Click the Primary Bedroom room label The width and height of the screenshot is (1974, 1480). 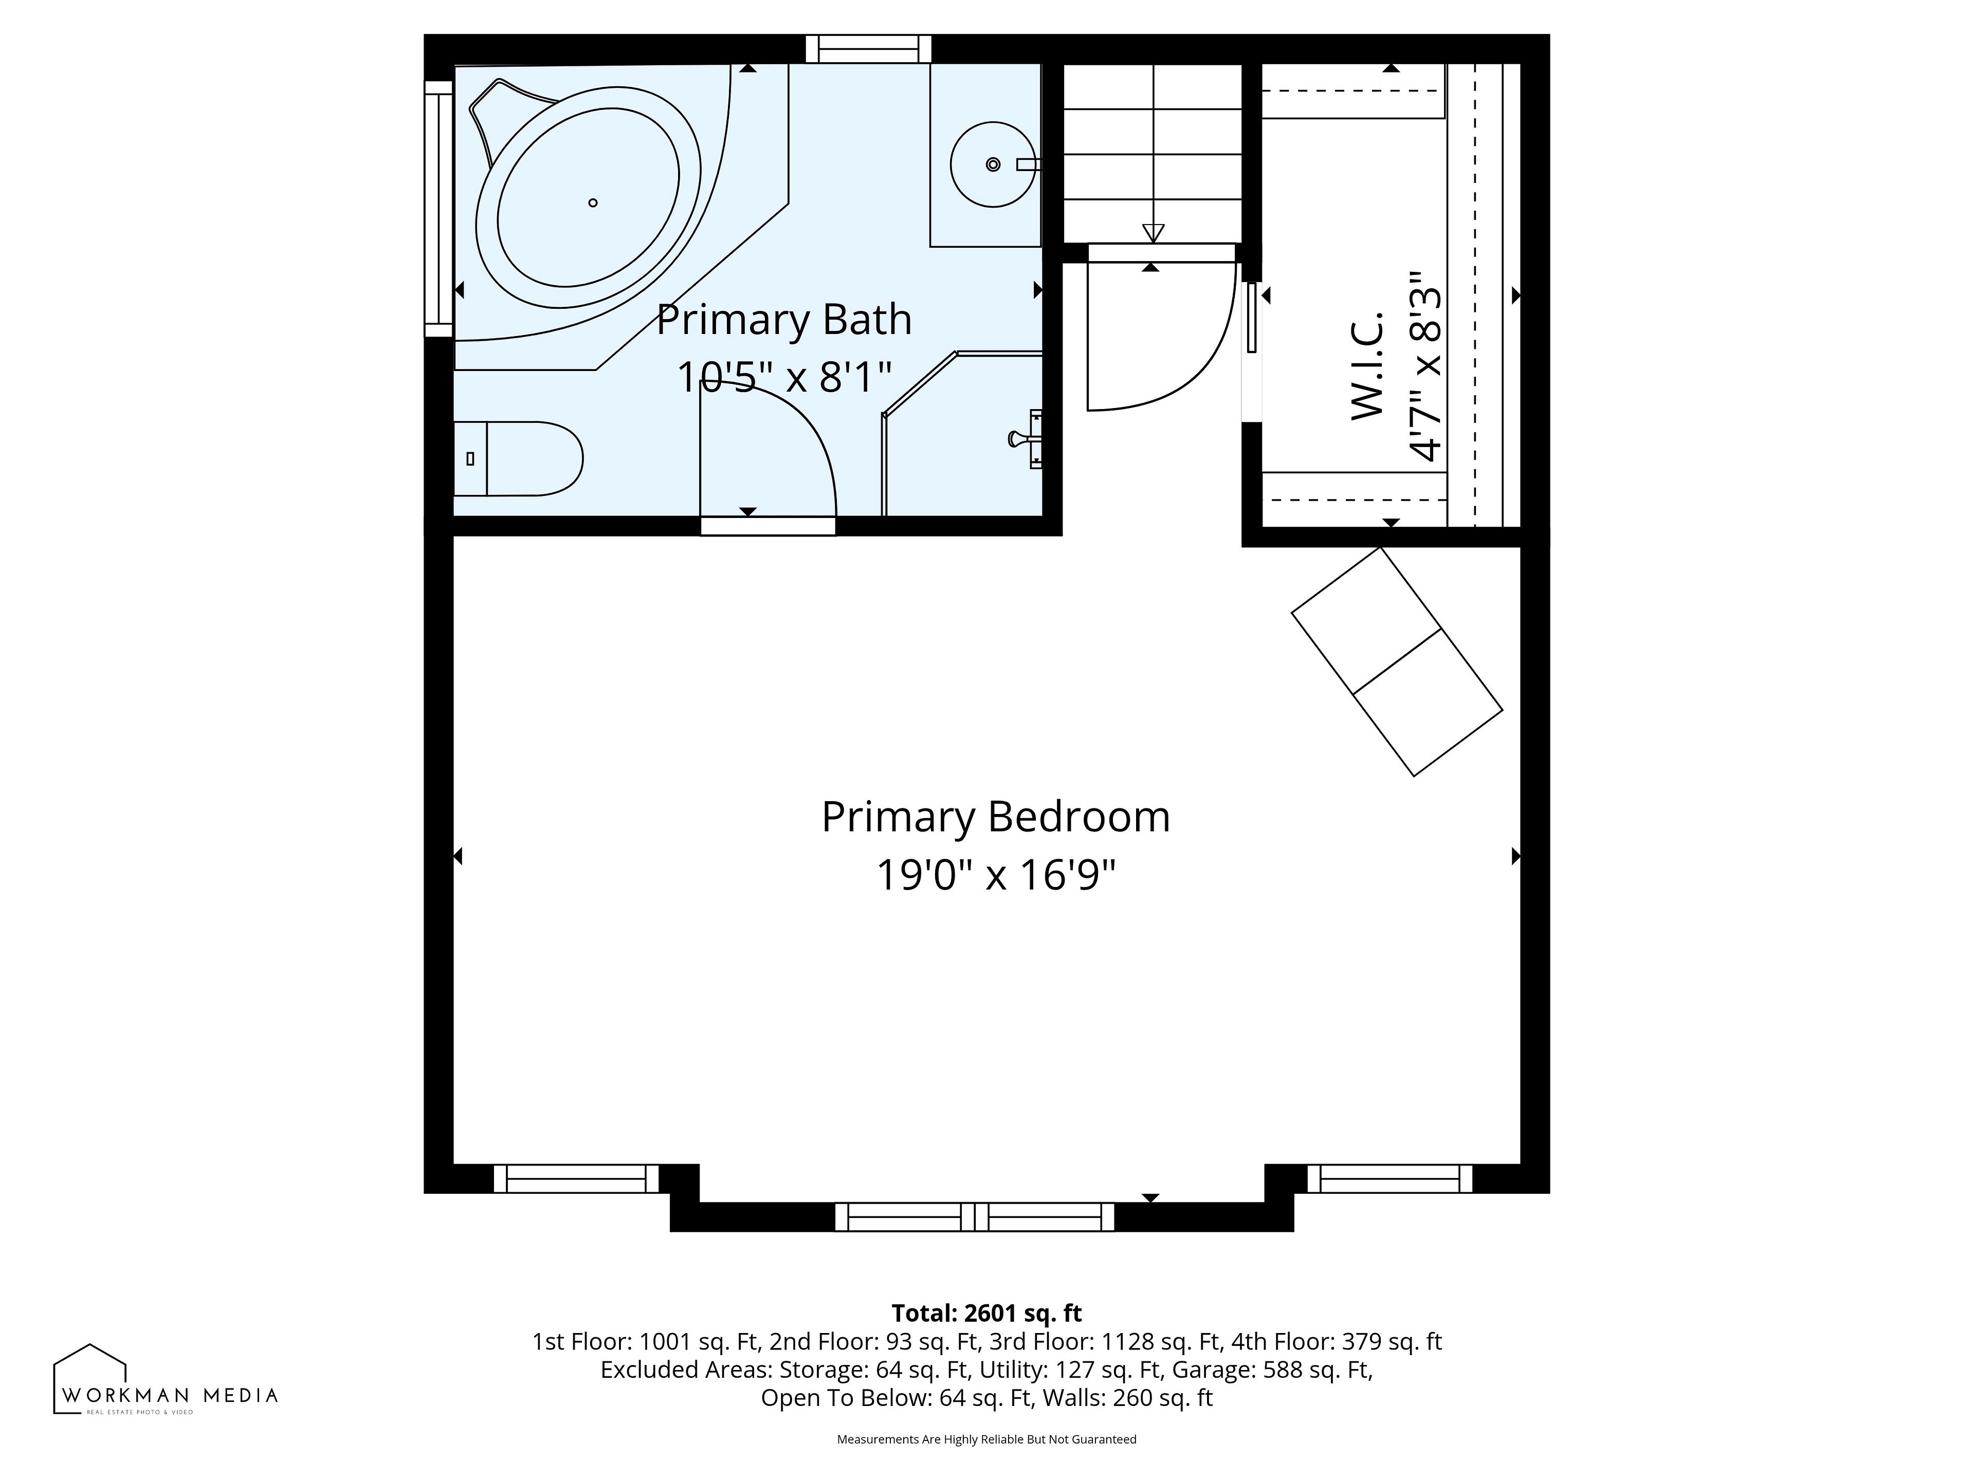(x=995, y=817)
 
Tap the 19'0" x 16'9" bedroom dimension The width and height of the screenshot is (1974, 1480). (x=995, y=875)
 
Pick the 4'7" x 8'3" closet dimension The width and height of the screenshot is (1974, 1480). (x=1424, y=366)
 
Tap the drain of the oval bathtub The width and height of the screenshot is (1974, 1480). (x=593, y=202)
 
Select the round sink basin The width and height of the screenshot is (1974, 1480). (x=993, y=164)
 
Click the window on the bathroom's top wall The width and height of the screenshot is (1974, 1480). (x=868, y=49)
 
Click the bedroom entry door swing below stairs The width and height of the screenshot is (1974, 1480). (x=1178, y=357)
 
